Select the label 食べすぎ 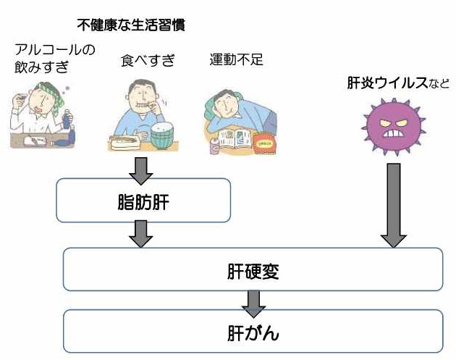(x=148, y=60)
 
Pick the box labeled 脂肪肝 (x=143, y=200)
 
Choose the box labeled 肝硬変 (x=253, y=272)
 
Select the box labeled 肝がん (x=253, y=332)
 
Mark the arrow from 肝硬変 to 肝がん (x=253, y=302)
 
